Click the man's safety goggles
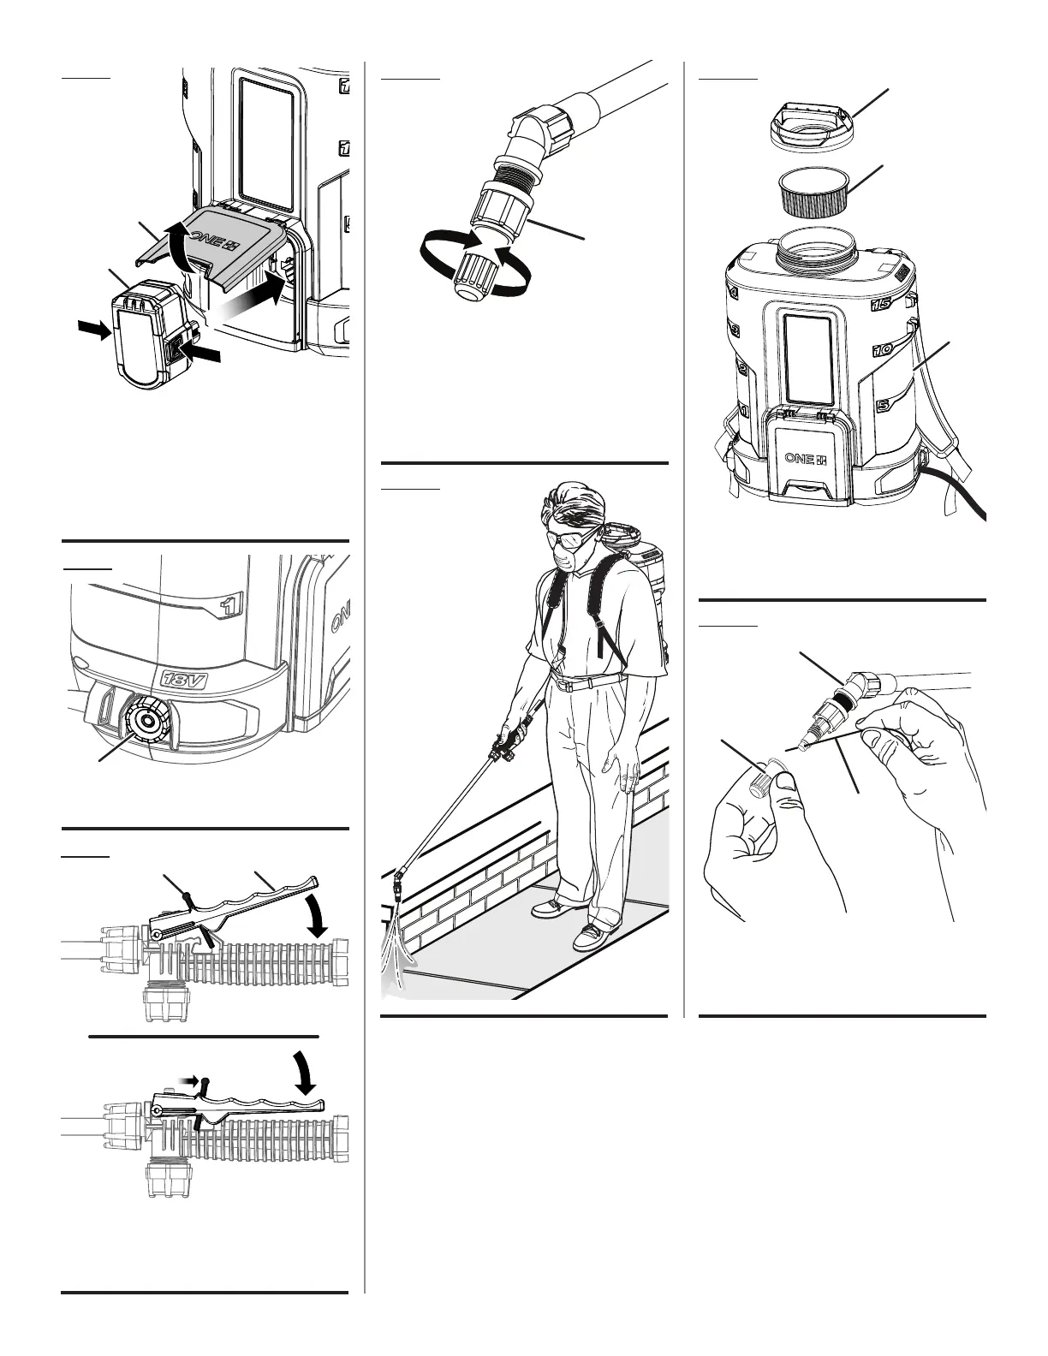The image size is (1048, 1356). click(567, 537)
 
